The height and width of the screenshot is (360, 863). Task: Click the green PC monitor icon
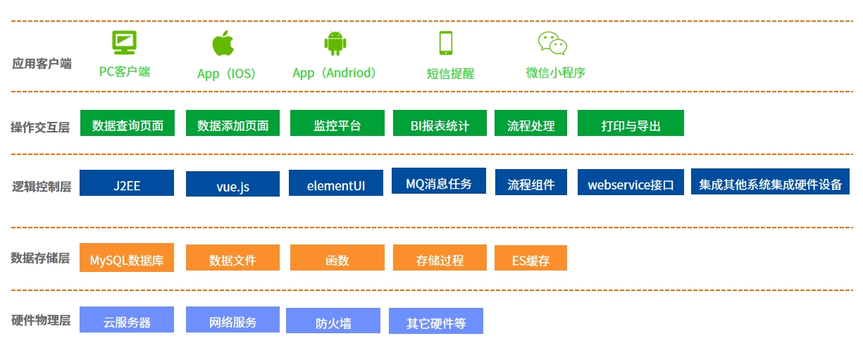[124, 42]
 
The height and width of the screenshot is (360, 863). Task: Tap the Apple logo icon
[223, 43]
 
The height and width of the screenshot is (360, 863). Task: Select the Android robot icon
[335, 43]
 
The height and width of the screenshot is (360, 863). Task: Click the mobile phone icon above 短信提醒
[446, 43]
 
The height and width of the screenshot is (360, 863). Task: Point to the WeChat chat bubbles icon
[552, 43]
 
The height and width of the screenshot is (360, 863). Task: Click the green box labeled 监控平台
[337, 123]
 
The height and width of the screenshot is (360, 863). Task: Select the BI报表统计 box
[440, 123]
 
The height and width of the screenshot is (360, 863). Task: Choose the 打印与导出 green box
[631, 123]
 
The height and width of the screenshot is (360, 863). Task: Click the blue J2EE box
[127, 182]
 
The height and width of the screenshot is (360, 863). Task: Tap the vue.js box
[232, 184]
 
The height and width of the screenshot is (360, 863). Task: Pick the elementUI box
[336, 182]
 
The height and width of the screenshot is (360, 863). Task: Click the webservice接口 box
[631, 182]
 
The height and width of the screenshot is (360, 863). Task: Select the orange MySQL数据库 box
[127, 257]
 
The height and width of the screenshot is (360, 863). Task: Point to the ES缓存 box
[530, 258]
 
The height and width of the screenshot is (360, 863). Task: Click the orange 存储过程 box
[440, 257]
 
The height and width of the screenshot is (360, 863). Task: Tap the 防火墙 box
[333, 321]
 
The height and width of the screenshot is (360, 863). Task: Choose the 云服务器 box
[127, 320]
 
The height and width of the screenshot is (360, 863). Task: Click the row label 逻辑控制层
[42, 187]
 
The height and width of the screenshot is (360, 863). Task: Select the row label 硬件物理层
[41, 320]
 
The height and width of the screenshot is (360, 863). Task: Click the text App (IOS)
[226, 73]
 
